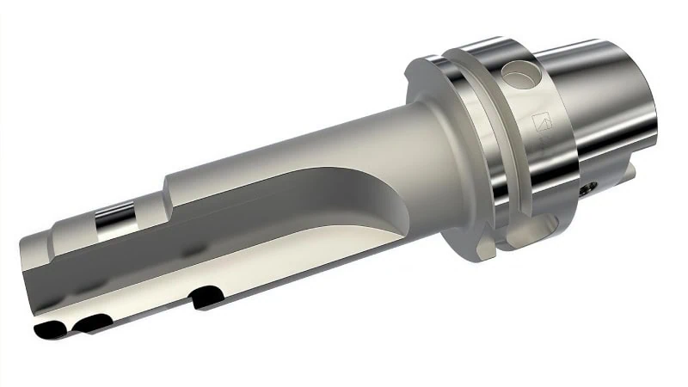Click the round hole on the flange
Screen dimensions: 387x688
(521, 75)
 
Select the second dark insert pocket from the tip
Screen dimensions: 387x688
(93, 322)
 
